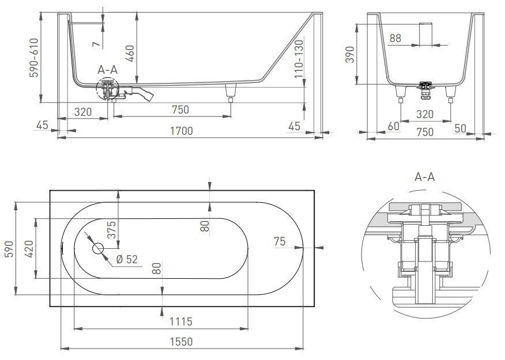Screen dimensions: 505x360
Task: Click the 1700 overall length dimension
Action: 180,131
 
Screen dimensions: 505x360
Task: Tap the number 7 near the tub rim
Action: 96,40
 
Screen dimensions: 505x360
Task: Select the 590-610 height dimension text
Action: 35,58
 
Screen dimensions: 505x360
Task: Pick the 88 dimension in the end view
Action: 395,38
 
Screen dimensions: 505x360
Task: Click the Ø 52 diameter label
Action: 127,259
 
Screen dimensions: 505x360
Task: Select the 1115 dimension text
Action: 180,321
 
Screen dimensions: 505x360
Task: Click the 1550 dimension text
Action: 180,341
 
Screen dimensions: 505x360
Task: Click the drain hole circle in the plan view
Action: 97,249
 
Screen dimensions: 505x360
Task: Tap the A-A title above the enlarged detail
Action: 424,177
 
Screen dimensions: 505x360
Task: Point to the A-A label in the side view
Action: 107,69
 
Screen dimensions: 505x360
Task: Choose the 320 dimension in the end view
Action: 425,113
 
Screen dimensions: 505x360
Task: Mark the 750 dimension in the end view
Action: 425,131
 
